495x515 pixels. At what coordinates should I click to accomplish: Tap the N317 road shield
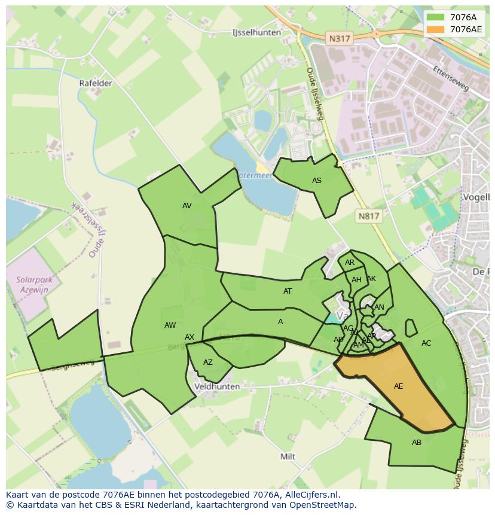pos(340,38)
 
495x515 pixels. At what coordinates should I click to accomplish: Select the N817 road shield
pos(369,216)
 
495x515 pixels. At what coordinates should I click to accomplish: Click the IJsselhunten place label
pos(256,32)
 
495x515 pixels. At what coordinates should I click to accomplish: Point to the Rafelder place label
pos(96,83)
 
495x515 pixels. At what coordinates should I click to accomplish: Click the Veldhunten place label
pos(217,386)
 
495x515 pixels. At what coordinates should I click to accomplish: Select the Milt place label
pos(288,456)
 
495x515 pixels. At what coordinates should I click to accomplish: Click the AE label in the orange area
pos(399,386)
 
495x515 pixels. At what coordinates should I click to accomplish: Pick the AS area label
pos(317,181)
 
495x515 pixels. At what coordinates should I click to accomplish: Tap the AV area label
pos(187,206)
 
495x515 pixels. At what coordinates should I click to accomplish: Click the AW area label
pos(170,325)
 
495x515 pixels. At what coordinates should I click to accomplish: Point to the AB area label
pos(417,443)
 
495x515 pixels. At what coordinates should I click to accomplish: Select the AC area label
pos(426,343)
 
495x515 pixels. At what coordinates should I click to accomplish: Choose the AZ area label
pos(208,362)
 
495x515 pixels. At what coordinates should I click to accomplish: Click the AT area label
pos(288,291)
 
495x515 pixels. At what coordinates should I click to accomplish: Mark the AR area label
pos(350,263)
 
